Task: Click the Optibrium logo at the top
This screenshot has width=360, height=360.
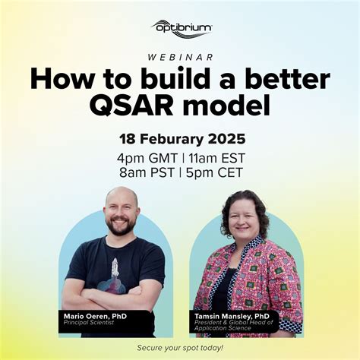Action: tap(180, 29)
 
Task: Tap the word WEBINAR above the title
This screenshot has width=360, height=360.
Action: tap(180, 56)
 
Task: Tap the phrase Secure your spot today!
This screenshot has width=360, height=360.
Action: tap(180, 347)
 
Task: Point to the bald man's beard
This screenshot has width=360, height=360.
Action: tap(121, 227)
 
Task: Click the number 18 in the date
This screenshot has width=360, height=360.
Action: tap(128, 140)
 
